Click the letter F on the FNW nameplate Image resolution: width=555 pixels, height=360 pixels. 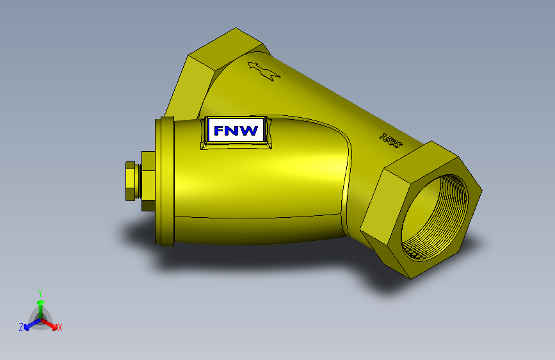pos(219,131)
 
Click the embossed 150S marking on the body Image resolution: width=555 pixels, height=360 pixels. pos(390,141)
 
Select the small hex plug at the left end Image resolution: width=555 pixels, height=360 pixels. pos(131,181)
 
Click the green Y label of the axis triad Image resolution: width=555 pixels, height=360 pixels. pos(40,292)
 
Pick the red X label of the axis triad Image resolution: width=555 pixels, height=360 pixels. pos(60,327)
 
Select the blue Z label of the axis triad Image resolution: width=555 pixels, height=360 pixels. pos(21,327)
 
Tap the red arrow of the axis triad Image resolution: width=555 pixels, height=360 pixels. pos(51,323)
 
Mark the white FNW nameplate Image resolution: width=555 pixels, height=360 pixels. pos(236,131)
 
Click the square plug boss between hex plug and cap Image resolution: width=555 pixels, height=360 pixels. pos(147,181)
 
